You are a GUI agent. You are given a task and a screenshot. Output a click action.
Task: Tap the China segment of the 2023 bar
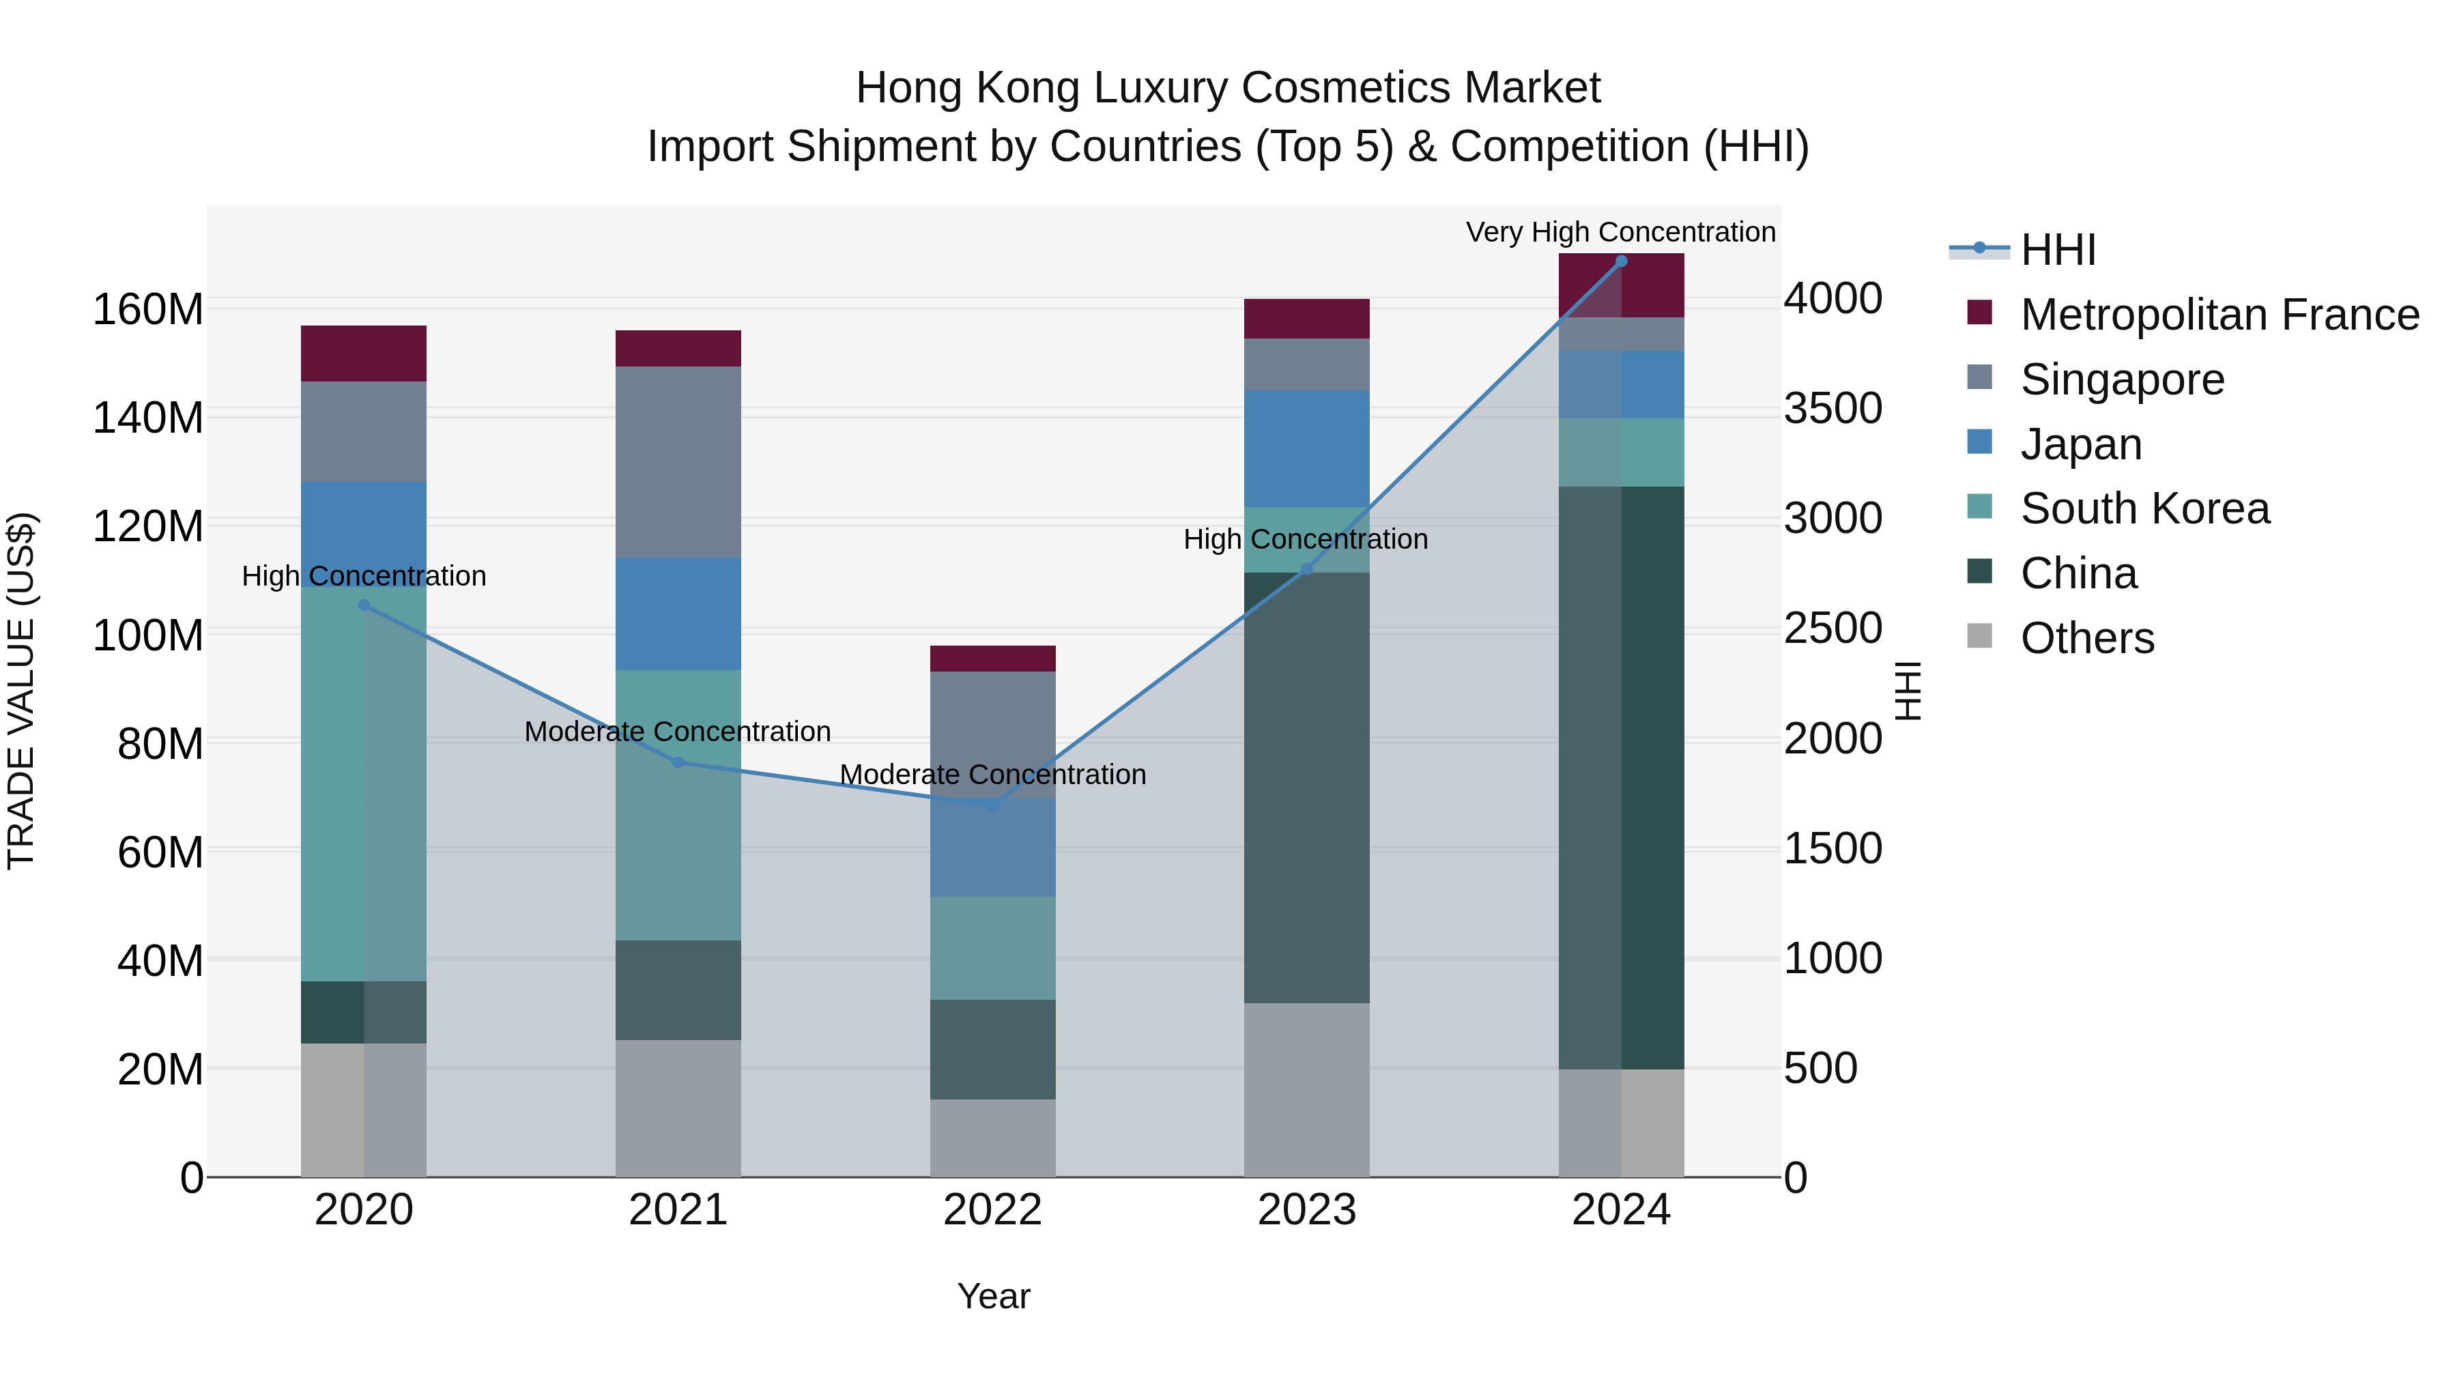[x=1307, y=787]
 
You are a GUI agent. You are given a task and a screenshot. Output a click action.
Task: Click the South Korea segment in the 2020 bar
[x=363, y=782]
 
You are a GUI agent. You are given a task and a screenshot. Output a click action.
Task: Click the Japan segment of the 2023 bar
[x=1307, y=448]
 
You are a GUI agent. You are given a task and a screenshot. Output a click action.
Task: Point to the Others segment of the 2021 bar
[x=678, y=1108]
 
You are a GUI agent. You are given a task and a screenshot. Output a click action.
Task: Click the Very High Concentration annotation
[x=1620, y=232]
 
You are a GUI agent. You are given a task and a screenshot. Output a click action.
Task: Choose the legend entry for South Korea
[x=2144, y=508]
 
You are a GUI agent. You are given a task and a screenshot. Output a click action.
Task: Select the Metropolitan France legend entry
[x=2219, y=315]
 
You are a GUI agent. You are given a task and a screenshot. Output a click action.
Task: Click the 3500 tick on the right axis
[x=1833, y=408]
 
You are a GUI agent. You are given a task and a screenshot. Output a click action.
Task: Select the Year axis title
[x=993, y=1296]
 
